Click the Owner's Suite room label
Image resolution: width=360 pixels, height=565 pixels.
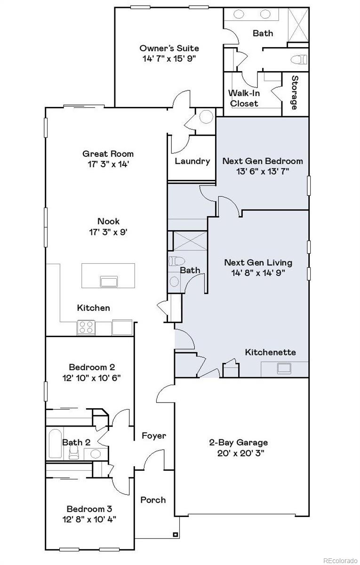click(x=169, y=48)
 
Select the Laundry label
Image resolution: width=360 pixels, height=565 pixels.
click(x=192, y=161)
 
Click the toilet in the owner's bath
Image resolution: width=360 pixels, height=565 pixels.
click(x=299, y=60)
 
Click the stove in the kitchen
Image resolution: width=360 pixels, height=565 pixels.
click(x=86, y=327)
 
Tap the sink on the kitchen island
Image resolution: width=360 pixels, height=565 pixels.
click(x=109, y=282)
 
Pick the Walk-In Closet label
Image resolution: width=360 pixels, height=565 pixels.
click(x=243, y=98)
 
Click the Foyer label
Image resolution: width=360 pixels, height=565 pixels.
click(x=154, y=436)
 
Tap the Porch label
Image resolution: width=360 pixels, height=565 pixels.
click(x=153, y=500)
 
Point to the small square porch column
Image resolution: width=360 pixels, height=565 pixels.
click(x=176, y=534)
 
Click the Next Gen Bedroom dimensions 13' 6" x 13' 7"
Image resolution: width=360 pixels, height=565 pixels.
click(x=263, y=171)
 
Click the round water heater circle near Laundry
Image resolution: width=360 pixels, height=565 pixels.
click(x=206, y=116)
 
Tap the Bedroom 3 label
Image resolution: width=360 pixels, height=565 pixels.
click(x=89, y=508)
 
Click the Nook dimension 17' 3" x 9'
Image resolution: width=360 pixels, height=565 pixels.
click(x=108, y=232)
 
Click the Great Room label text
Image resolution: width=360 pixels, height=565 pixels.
click(x=108, y=153)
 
